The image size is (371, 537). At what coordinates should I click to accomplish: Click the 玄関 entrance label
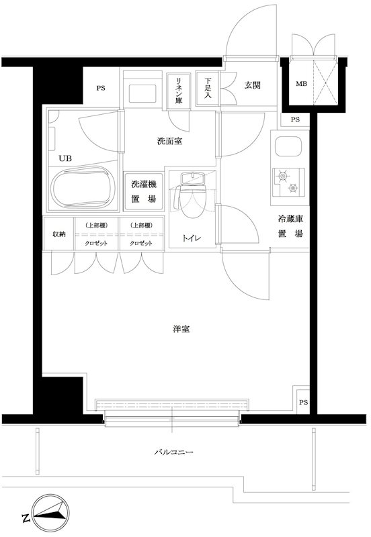pyautogui.click(x=252, y=85)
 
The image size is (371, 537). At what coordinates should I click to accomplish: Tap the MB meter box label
pyautogui.click(x=300, y=84)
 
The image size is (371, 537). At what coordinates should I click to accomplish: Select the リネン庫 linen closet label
pyautogui.click(x=179, y=89)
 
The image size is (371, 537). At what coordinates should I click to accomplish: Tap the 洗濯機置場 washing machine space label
pyautogui.click(x=143, y=191)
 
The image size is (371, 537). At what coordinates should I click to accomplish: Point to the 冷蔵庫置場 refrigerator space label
pyautogui.click(x=290, y=227)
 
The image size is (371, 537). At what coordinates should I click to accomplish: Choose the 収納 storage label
pyautogui.click(x=59, y=234)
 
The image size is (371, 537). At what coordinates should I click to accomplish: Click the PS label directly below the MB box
pyautogui.click(x=295, y=119)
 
